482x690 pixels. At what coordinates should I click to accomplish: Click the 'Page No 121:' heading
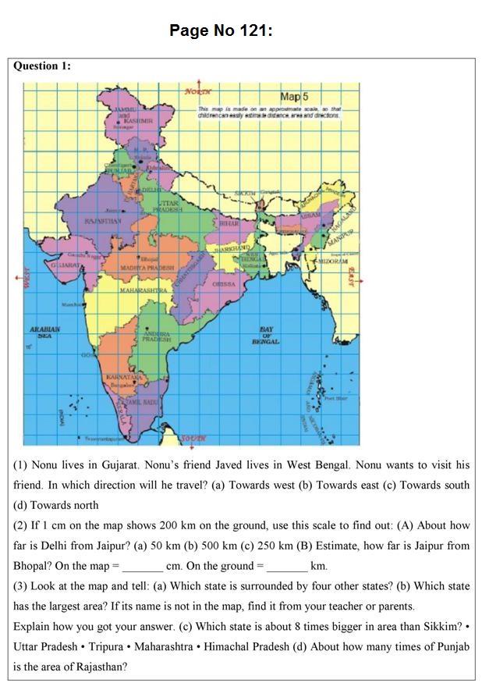pos(221,31)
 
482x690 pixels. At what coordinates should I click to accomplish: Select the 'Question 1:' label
pos(42,66)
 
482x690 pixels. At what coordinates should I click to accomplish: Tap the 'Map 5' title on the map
pos(294,97)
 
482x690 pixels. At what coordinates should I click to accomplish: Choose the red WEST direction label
pos(24,280)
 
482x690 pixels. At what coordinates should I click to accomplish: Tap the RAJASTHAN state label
pos(102,222)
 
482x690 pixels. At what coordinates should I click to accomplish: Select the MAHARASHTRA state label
pos(144,290)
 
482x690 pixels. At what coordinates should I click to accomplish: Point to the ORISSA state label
pos(224,284)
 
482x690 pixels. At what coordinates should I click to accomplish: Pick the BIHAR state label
pos(229,222)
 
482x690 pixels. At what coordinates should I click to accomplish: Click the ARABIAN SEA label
pos(45,332)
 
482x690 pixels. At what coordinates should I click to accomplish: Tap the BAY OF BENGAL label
pos(266,335)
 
